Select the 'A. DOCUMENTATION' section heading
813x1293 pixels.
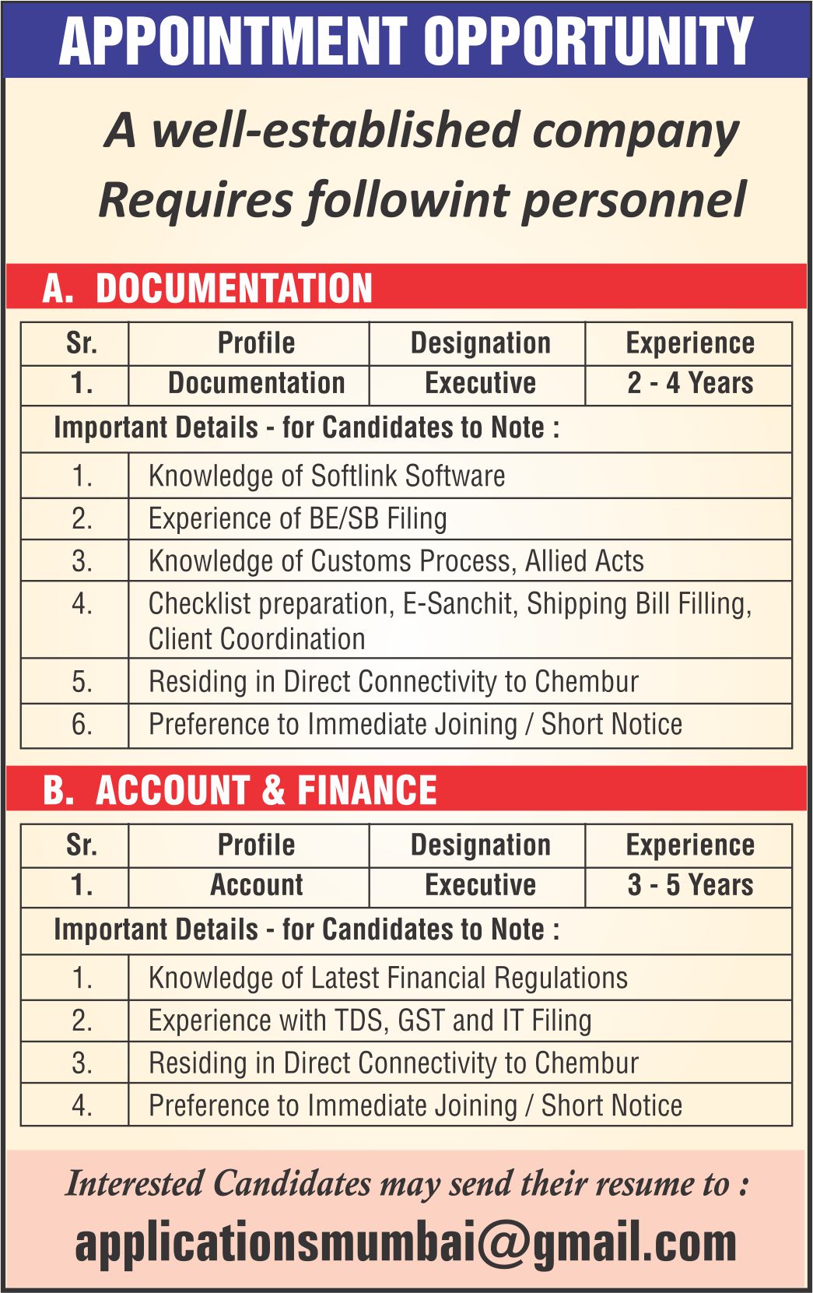click(208, 287)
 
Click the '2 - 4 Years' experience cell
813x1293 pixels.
click(689, 384)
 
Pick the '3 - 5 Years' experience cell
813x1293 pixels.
click(689, 886)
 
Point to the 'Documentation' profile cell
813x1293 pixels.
click(256, 384)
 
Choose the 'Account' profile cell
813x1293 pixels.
click(256, 886)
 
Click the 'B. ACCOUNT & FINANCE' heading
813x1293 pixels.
click(240, 790)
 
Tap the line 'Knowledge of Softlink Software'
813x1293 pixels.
click(327, 476)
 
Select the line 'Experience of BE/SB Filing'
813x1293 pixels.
click(297, 518)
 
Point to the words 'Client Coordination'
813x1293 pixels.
click(257, 639)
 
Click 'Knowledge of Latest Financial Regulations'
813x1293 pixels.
click(387, 978)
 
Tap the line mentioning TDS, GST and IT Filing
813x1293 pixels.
click(370, 1021)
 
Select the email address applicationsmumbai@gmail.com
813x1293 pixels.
click(405, 1243)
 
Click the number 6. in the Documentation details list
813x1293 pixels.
click(82, 725)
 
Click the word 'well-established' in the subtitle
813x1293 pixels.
click(335, 130)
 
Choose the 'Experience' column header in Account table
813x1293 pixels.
click(689, 845)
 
